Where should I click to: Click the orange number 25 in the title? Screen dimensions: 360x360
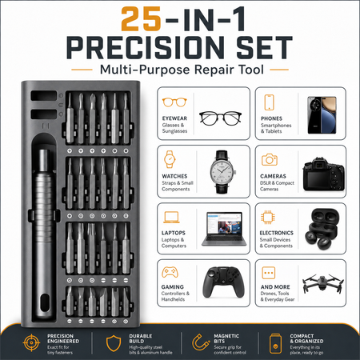[x=141, y=18]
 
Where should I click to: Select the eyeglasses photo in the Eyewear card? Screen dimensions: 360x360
[x=220, y=118]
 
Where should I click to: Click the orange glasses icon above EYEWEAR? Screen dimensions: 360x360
[x=174, y=102]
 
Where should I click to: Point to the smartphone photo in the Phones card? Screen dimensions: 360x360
[x=322, y=115]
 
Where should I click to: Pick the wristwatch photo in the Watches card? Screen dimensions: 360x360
[x=222, y=172]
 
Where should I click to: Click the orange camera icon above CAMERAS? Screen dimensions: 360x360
[x=270, y=160]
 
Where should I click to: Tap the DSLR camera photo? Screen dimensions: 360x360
[x=323, y=174]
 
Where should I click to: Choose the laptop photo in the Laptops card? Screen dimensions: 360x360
[x=224, y=229]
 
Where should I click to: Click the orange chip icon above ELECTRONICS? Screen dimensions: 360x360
[x=268, y=218]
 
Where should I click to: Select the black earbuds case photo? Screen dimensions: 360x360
[x=322, y=229]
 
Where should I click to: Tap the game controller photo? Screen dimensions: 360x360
[x=224, y=282]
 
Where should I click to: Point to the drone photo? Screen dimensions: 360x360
[x=323, y=283]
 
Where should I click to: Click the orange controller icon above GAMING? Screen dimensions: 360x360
[x=170, y=272]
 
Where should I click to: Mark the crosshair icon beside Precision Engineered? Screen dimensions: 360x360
[x=31, y=342]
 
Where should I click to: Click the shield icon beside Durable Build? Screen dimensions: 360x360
[x=114, y=343]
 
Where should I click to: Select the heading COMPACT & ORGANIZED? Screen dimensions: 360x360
[x=306, y=338]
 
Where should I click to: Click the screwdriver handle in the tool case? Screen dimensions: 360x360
[x=44, y=234]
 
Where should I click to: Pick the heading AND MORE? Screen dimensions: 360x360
[x=275, y=287]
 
